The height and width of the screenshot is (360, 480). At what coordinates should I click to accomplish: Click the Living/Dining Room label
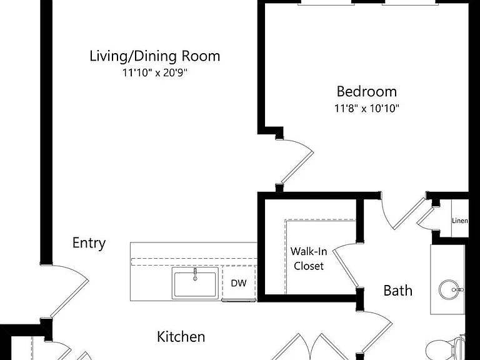coord(154,56)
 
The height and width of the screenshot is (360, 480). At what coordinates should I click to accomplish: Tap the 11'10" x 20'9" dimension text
coord(154,73)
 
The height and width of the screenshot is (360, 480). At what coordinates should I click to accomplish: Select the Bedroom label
coord(367,91)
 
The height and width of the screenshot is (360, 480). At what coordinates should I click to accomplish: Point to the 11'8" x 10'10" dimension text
coord(367,108)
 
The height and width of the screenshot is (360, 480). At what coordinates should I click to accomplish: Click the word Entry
coord(89,243)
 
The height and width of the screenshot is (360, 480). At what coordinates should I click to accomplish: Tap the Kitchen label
coord(181,337)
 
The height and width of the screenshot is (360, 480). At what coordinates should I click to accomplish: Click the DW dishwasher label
coord(239,283)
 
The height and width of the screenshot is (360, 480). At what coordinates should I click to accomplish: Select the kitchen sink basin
coord(195,283)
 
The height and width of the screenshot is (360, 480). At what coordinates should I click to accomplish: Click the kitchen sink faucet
coord(195,274)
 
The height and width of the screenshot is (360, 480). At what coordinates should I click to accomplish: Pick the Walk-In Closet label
coord(309,259)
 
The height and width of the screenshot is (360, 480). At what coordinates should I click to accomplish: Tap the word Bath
coord(397,291)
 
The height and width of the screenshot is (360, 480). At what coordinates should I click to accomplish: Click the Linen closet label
coord(460,221)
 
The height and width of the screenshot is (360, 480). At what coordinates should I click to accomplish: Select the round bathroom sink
coord(449,289)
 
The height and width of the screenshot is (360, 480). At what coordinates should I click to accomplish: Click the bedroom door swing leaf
coord(297,167)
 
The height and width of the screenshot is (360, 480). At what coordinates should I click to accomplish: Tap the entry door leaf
coord(69,299)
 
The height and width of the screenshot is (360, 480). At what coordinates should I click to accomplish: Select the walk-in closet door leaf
coord(345,269)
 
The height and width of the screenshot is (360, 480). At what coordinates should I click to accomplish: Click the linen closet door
coord(426,216)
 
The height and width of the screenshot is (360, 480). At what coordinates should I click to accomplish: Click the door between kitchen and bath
coord(377,337)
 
